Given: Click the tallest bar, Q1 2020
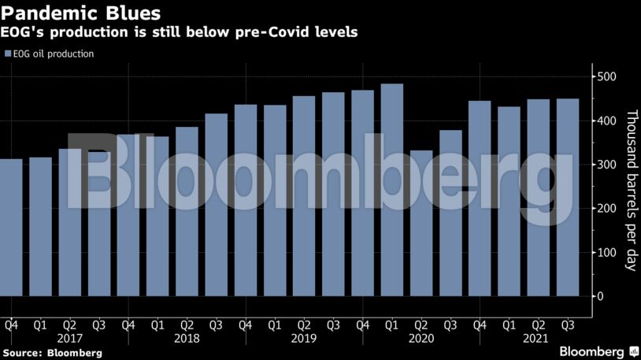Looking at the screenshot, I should [391, 190].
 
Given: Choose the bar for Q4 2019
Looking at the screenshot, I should [362, 193].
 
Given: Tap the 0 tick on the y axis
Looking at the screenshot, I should [600, 296].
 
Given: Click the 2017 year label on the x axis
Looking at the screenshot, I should [70, 338].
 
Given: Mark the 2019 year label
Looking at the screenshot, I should [304, 338].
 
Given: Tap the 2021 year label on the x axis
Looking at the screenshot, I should [538, 338].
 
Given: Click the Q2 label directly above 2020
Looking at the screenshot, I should [421, 324].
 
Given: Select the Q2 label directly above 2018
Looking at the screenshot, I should [187, 324].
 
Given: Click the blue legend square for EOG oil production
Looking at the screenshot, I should [8, 54].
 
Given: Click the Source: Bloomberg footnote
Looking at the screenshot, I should [53, 353].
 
